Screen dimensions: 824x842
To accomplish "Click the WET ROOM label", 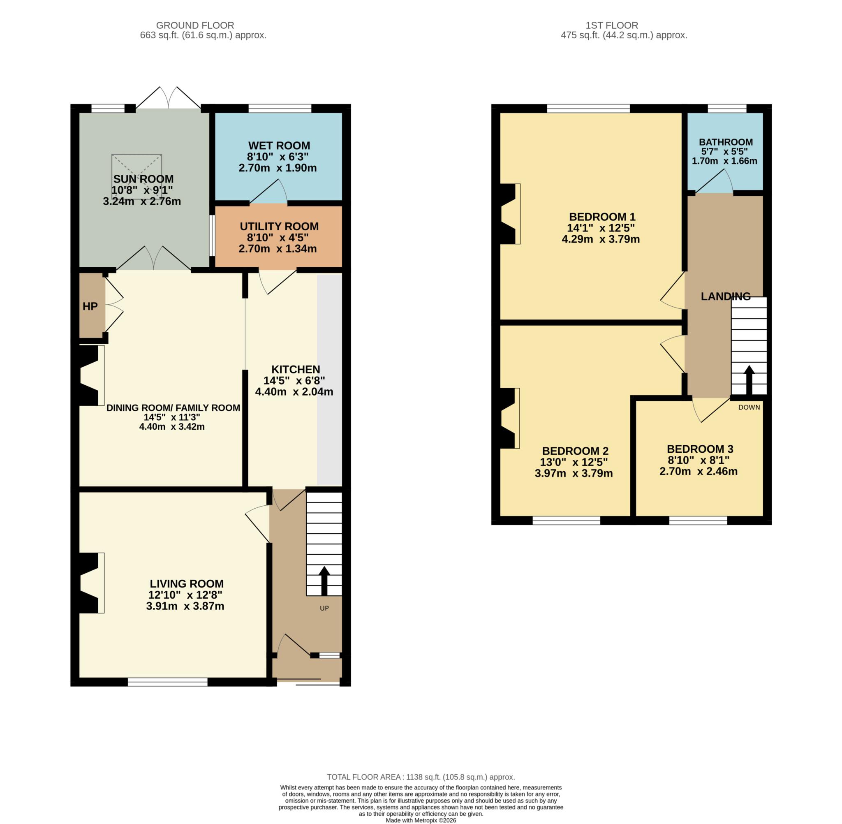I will pyautogui.click(x=279, y=146).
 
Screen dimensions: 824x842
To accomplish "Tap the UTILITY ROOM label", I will pyautogui.click(x=279, y=226).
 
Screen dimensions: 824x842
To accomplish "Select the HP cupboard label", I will pyautogui.click(x=90, y=306).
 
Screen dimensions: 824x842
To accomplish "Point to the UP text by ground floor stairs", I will pyautogui.click(x=324, y=608).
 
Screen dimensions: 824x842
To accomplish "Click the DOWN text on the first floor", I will pyautogui.click(x=749, y=407).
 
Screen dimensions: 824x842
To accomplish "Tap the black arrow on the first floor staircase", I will pyautogui.click(x=749, y=379).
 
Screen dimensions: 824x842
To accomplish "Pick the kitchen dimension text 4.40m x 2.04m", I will pyautogui.click(x=294, y=392).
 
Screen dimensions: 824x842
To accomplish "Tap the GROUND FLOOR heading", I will pyautogui.click(x=195, y=25).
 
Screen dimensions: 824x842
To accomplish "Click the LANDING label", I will pyautogui.click(x=725, y=296).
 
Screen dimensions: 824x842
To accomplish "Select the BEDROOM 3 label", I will pyautogui.click(x=700, y=449).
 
